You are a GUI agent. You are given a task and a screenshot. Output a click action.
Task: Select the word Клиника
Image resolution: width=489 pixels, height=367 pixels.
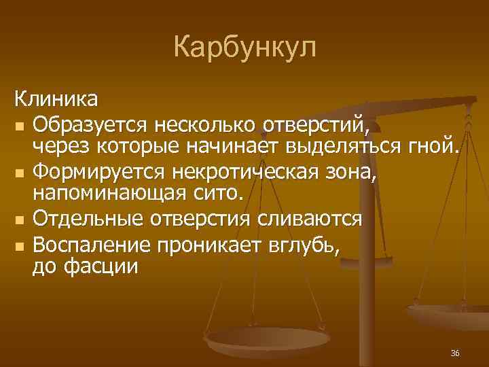point(56,100)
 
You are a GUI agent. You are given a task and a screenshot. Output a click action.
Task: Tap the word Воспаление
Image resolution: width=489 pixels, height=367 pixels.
point(95,243)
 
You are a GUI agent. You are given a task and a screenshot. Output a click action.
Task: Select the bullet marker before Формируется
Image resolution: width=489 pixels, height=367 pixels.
point(21,173)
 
